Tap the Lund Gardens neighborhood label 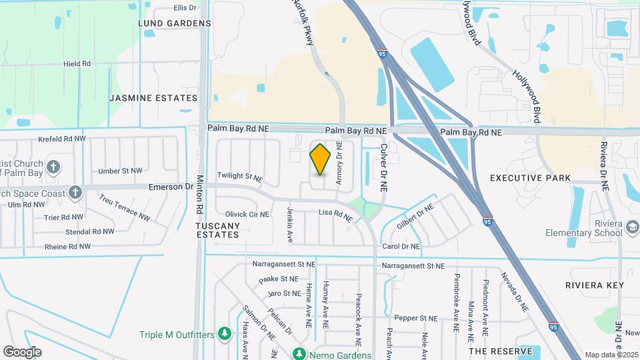174,23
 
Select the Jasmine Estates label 153,98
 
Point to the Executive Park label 530,178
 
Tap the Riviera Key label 593,285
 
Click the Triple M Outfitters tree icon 225,333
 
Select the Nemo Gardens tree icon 300,353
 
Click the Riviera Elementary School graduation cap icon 631,228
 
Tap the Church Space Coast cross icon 75,193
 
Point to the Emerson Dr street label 166,187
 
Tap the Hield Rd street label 77,64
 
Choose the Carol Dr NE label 400,246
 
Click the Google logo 22,351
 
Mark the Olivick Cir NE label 247,214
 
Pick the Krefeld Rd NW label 62,139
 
